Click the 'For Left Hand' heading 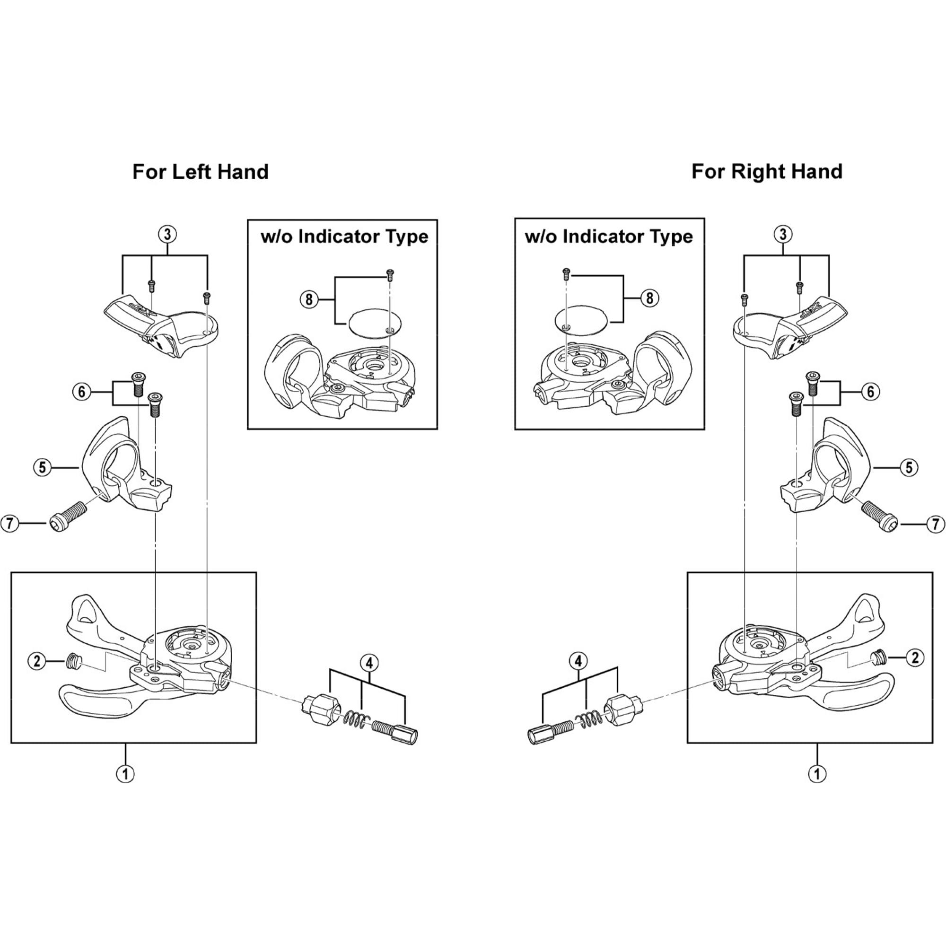(200, 172)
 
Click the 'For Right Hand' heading (766, 171)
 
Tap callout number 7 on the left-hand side (10, 524)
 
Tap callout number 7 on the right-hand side (935, 525)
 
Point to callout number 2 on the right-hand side (915, 657)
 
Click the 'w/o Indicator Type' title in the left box (344, 236)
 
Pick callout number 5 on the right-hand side (909, 468)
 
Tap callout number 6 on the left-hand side (82, 392)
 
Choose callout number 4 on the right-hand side (578, 662)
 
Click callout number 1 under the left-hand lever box (125, 774)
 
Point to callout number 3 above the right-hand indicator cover (782, 234)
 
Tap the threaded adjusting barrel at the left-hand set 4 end (394, 732)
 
